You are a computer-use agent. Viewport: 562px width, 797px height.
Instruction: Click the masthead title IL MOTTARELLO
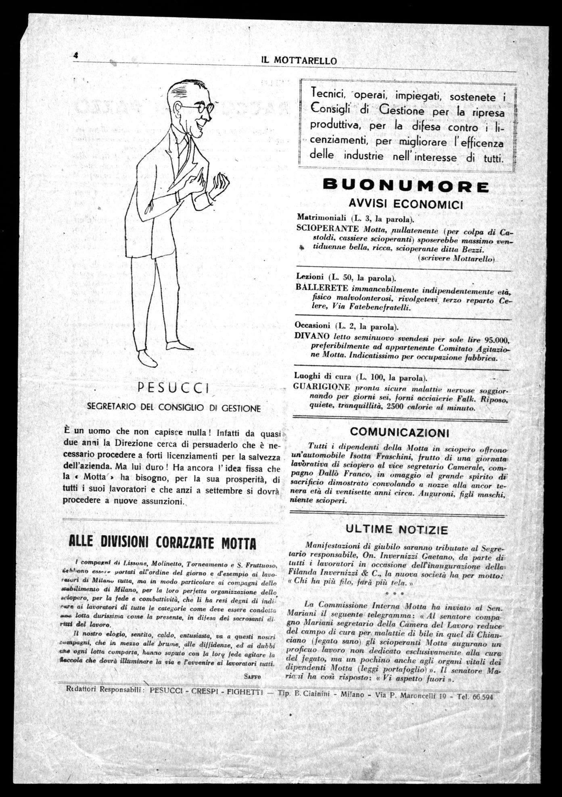299,61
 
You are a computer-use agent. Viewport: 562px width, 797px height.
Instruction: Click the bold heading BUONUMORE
406,186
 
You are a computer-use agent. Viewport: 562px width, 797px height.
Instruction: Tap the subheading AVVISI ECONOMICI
405,204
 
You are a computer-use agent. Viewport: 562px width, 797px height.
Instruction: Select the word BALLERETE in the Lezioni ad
322,287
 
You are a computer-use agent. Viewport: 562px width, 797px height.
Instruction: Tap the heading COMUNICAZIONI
399,432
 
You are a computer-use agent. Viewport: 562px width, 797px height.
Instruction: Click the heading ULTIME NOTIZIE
397,529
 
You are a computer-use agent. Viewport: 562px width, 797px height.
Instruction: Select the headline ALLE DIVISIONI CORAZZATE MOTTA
163,542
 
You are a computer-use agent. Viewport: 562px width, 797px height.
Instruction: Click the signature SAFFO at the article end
253,676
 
